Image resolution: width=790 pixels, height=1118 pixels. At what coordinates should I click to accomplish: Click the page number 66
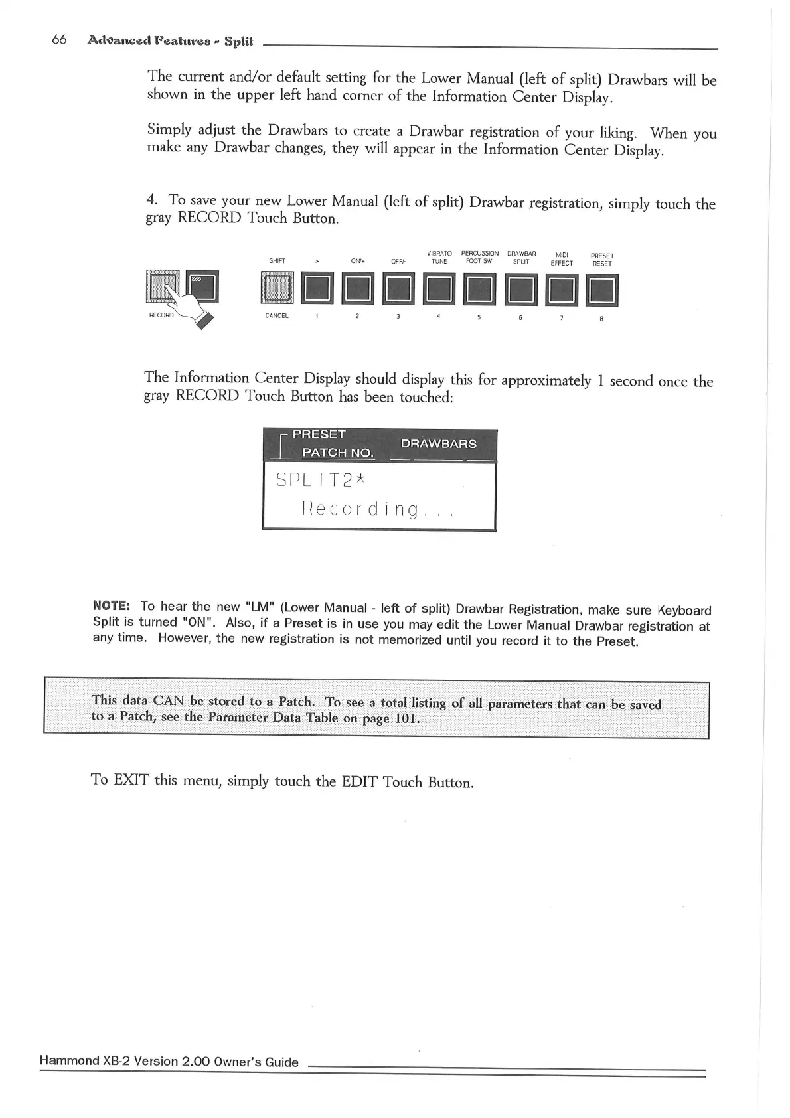click(59, 40)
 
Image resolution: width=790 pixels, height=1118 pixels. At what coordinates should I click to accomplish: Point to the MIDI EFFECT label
click(562, 259)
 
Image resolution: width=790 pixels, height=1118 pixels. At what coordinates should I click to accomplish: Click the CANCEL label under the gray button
click(277, 315)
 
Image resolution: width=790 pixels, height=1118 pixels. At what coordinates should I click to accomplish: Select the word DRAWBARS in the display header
click(438, 443)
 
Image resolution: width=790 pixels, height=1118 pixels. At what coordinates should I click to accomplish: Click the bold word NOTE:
click(111, 605)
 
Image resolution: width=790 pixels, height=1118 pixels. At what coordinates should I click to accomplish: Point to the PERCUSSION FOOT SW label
click(479, 257)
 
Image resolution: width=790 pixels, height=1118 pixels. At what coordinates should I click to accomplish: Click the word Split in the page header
click(239, 41)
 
